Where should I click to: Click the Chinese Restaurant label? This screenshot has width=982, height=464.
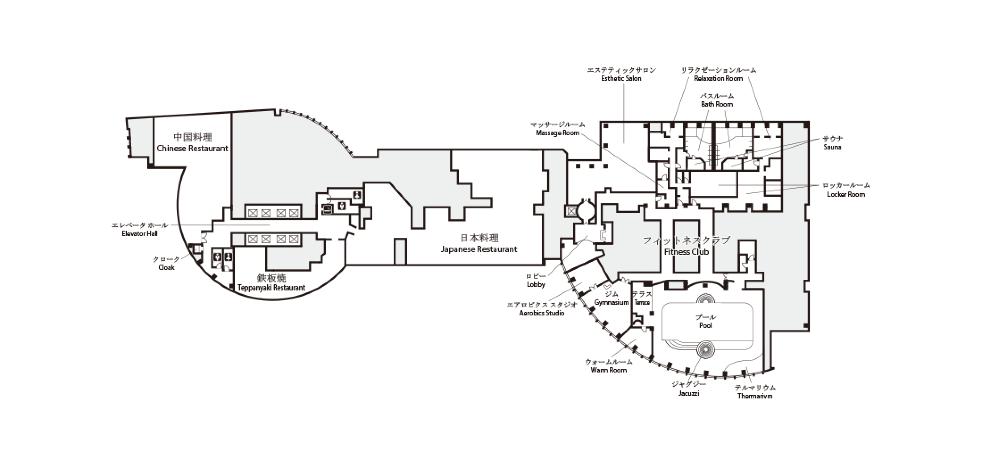[192, 148]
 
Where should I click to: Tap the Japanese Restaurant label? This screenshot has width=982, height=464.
[479, 249]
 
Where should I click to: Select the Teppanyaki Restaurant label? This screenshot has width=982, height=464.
[271, 288]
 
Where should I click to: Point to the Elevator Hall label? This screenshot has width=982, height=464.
[140, 233]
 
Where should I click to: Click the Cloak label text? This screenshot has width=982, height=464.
[166, 267]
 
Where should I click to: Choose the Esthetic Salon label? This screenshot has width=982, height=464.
[621, 78]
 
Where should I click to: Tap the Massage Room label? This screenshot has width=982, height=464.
[558, 133]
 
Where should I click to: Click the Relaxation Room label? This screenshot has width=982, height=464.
[718, 78]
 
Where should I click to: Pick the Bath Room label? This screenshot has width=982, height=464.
[717, 104]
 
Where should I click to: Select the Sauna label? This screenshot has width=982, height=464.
[832, 147]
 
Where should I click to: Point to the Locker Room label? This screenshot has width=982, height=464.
[846, 194]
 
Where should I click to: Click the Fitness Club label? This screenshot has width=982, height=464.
[687, 252]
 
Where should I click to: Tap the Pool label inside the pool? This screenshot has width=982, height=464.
[706, 325]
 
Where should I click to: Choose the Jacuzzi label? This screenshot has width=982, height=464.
[689, 393]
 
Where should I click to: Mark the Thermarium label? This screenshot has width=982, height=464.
[755, 396]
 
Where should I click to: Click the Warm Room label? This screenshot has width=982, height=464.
[608, 370]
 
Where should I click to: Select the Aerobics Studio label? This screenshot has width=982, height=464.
[542, 313]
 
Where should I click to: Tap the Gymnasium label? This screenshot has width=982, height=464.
[612, 302]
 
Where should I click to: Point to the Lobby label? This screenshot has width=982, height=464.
[536, 284]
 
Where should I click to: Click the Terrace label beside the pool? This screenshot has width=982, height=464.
[642, 302]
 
